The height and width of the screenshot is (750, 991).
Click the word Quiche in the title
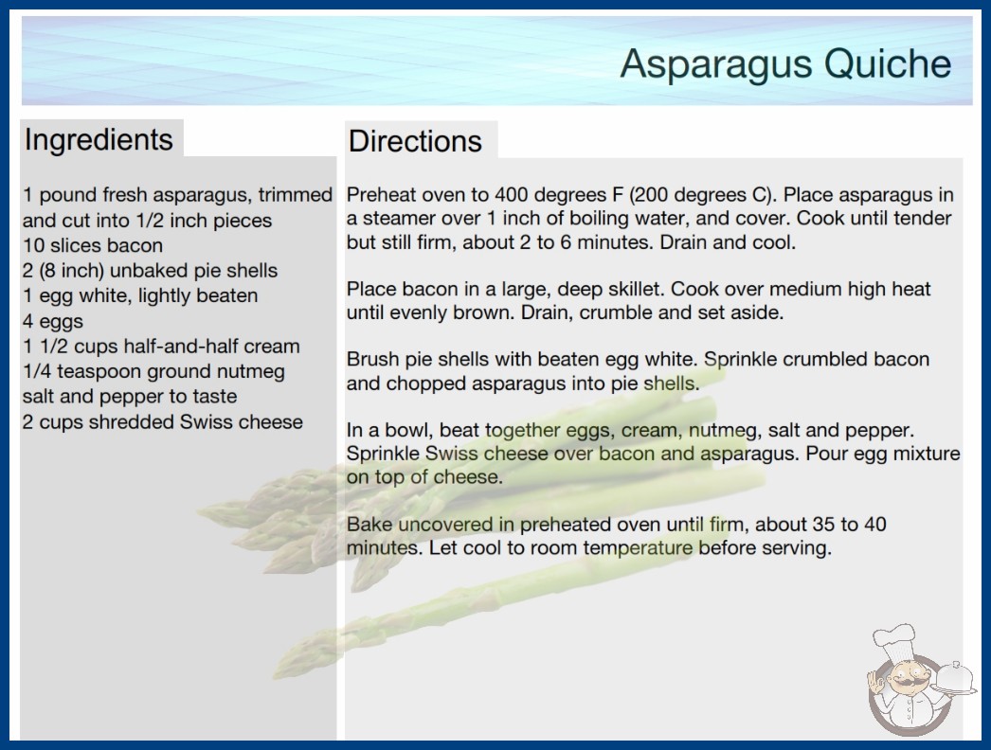(888, 63)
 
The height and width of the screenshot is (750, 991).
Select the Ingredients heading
(99, 140)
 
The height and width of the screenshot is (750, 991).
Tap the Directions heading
(415, 141)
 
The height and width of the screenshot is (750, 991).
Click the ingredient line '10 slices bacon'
(93, 245)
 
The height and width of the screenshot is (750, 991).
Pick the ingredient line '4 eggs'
(53, 322)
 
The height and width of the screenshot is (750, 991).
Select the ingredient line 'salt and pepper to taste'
(130, 397)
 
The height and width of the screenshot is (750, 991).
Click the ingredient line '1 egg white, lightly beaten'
(140, 295)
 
